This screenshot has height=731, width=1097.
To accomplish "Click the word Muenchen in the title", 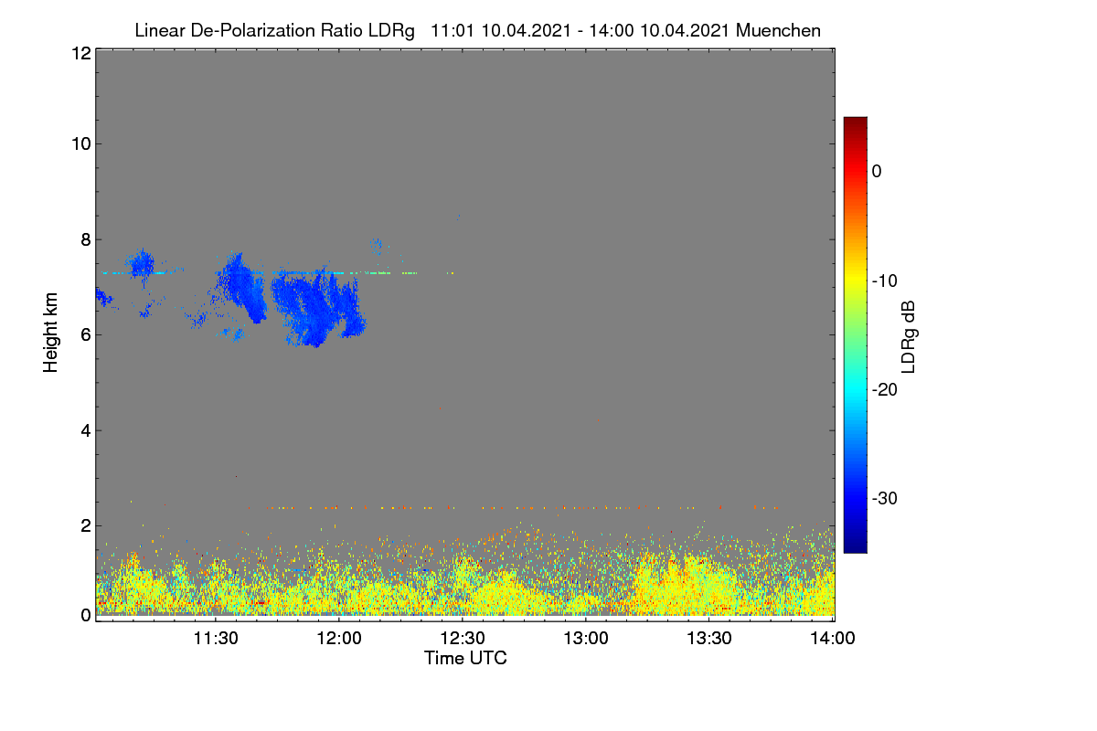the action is (778, 30).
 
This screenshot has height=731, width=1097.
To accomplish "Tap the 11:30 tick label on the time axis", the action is (216, 639).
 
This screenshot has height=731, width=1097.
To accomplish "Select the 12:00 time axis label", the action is (339, 639).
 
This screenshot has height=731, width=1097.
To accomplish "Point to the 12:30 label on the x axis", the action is (463, 639).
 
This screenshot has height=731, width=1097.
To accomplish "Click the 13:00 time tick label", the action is (586, 639).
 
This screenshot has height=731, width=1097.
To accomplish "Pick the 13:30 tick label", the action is (709, 639).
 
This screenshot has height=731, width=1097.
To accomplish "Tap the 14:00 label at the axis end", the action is (833, 639).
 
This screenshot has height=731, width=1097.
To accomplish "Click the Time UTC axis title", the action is (465, 659).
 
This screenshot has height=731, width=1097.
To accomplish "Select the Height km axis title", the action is (50, 333).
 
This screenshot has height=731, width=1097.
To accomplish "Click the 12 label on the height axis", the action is (81, 53).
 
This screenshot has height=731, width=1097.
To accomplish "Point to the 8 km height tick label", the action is (86, 240).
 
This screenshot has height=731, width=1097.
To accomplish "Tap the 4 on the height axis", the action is (86, 431).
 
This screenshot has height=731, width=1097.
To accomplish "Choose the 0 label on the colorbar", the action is (877, 172).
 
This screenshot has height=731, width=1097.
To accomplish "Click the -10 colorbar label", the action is (885, 281).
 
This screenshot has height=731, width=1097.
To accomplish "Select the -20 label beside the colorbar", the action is (885, 390).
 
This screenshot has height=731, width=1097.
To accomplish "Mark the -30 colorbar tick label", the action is (885, 498).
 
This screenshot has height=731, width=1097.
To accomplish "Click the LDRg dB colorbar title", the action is (909, 337).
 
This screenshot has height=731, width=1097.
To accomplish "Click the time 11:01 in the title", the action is (453, 30).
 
